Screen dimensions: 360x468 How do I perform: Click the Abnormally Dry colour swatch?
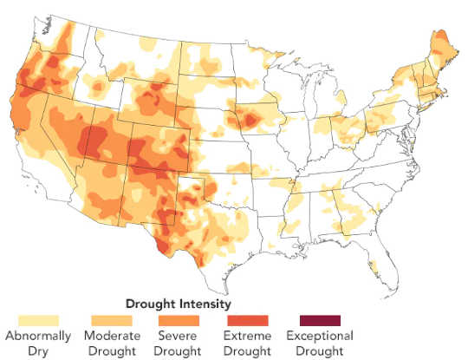[32, 320]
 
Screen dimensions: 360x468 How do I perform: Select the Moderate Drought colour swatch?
[111, 320]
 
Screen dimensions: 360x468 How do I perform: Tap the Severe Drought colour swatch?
[178, 320]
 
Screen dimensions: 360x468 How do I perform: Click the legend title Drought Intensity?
[178, 304]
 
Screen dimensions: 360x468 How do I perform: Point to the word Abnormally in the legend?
[32, 337]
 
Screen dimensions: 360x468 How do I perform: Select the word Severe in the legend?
[178, 337]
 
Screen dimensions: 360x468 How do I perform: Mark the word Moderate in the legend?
[111, 337]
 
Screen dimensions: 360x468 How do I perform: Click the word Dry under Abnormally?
[32, 350]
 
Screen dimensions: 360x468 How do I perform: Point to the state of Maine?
[439, 48]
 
